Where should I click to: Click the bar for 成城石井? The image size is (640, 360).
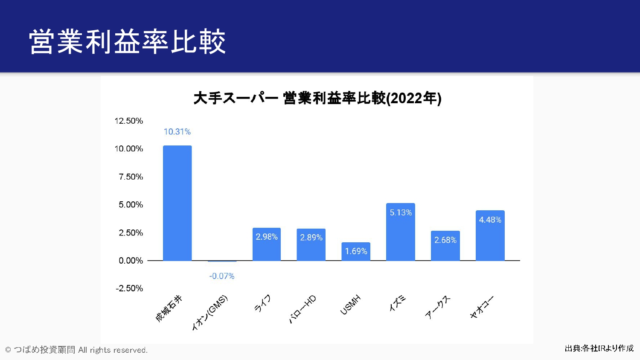(177, 203)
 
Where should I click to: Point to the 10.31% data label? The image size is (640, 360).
(177, 132)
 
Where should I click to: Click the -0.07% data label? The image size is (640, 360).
(222, 276)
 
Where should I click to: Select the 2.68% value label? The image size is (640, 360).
(445, 240)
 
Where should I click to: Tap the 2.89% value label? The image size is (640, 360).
(311, 238)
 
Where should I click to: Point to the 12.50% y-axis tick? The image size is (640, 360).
(128, 121)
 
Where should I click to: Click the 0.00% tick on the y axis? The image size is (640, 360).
(131, 261)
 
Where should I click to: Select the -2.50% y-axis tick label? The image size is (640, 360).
(129, 288)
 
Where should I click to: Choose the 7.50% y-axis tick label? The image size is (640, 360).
(131, 177)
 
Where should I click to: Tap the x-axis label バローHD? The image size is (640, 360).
(303, 309)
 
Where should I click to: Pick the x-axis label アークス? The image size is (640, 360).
(438, 307)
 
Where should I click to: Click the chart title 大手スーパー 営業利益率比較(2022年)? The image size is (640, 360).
(317, 98)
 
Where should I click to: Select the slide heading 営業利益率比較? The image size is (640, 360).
(127, 42)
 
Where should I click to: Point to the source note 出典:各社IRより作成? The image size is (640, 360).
(599, 348)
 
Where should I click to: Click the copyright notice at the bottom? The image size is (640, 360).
(76, 350)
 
